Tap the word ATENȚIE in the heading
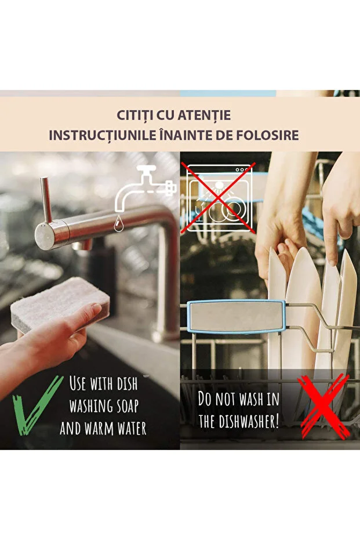coord(205,116)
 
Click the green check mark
coord(37,405)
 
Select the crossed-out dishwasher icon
coord(220,197)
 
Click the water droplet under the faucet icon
coord(119,222)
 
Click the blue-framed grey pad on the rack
coord(236,316)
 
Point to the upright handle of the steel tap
coord(45,200)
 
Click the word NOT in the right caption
coord(227,398)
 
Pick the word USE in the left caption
coord(79,383)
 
